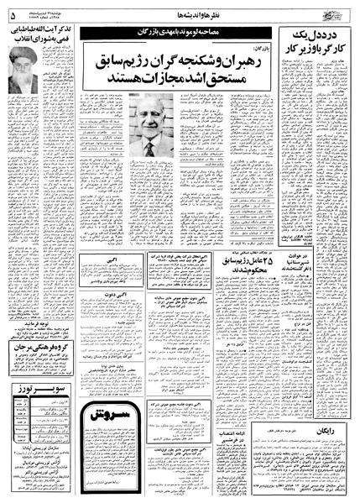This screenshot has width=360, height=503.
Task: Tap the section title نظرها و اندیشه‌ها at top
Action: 185,11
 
